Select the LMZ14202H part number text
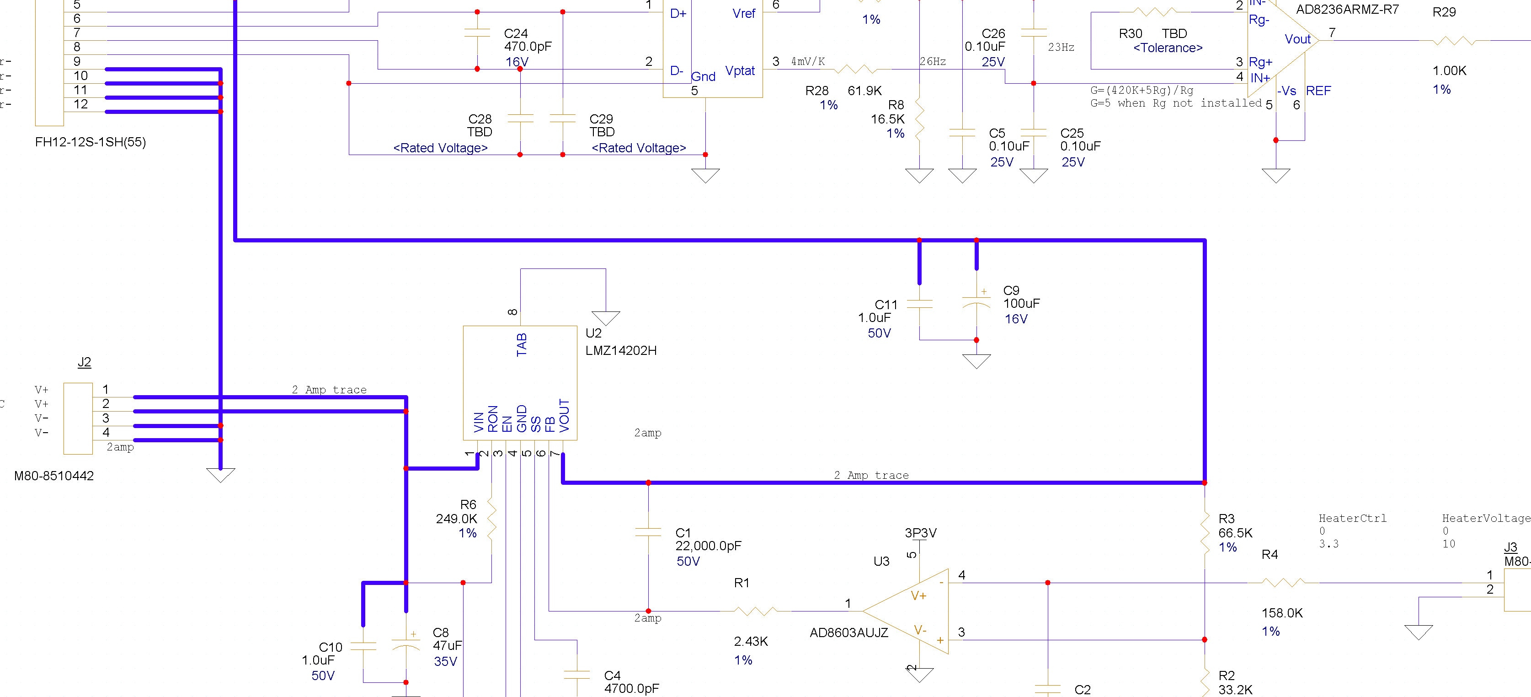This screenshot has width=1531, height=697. point(621,350)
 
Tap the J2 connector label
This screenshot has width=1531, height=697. point(85,362)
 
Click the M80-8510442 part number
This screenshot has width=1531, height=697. point(54,476)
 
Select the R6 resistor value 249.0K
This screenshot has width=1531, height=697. point(456,519)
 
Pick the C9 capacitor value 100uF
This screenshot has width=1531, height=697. point(1022,303)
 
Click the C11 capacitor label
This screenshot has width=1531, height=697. point(886,305)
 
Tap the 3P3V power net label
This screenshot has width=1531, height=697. point(921,533)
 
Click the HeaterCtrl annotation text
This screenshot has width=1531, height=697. point(1353,519)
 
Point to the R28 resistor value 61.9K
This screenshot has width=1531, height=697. point(865,91)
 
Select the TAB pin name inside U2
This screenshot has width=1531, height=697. point(522,345)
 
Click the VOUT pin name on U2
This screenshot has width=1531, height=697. point(564,416)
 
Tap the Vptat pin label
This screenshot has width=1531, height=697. point(740,71)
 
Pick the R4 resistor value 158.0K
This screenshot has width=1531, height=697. point(1282,613)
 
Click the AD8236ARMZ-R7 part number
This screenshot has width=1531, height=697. point(1347,10)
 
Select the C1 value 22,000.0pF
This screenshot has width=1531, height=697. point(709,546)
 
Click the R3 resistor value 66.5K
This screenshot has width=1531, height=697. point(1235,533)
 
